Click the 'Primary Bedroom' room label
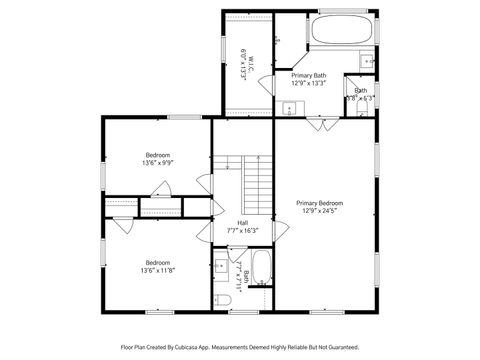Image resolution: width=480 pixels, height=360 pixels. coord(319,202)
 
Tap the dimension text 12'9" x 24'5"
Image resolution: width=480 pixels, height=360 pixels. coord(319,211)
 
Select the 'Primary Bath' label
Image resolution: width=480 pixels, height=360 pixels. coord(308,75)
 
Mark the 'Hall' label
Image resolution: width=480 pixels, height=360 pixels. coord(242,222)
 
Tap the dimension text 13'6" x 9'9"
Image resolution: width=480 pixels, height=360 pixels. coord(157,164)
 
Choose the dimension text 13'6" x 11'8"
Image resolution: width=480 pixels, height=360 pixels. coord(158,270)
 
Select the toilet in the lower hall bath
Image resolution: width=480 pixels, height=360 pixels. coord(222,297)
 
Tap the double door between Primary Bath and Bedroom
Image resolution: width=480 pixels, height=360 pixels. coord(322,124)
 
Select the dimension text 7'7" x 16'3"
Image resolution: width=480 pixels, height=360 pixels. coord(242,231)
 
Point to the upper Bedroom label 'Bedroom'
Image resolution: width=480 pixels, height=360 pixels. coord(157,155)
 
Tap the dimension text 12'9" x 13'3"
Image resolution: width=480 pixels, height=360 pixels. coord(308,84)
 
